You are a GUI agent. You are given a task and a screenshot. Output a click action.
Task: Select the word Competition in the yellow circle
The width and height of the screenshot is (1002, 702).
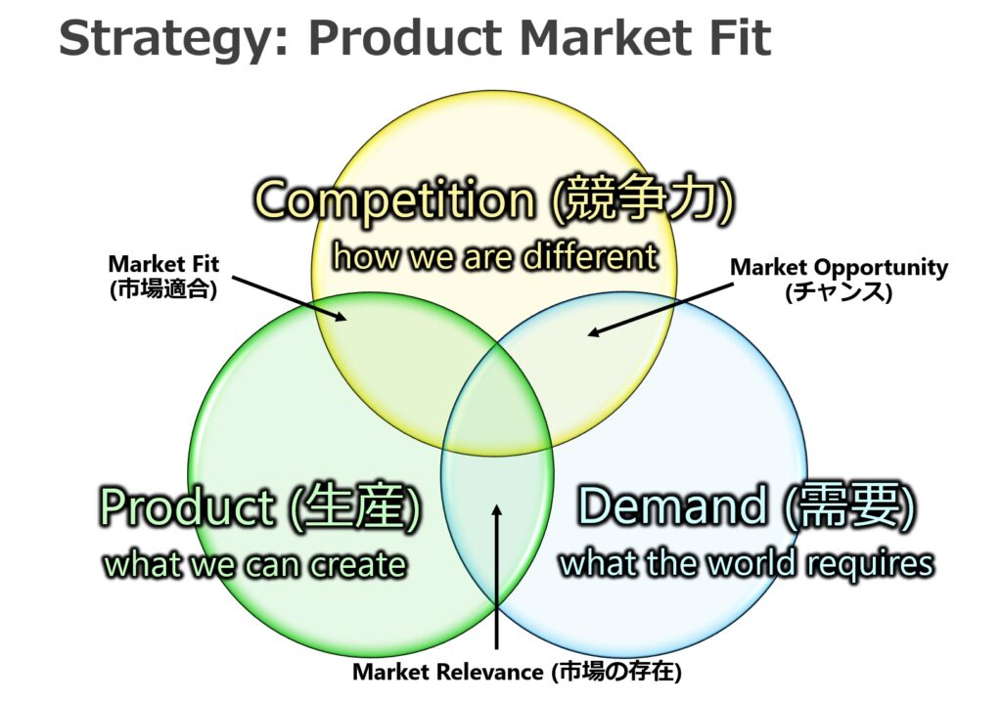(395, 199)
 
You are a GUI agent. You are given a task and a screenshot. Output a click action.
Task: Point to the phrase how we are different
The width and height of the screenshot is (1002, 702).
(495, 257)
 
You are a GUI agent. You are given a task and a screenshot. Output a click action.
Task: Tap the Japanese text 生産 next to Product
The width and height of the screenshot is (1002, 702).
(354, 506)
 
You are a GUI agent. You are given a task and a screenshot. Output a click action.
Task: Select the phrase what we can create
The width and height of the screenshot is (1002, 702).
(255, 565)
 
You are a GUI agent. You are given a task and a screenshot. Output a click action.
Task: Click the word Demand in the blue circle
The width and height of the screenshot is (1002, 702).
(671, 505)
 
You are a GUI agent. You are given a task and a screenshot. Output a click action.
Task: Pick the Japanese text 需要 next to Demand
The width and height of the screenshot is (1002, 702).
(850, 505)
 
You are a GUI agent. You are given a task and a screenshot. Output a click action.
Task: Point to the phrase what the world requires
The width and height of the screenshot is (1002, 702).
(747, 563)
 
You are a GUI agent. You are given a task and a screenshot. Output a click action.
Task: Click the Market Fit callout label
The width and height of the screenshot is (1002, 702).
(163, 264)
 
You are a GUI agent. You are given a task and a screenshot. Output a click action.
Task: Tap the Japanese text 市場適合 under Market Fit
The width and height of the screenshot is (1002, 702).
(163, 289)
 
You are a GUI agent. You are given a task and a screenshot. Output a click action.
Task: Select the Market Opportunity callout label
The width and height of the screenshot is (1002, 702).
(839, 267)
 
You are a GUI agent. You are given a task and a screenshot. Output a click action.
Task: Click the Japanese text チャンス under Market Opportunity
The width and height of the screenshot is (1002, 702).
(839, 292)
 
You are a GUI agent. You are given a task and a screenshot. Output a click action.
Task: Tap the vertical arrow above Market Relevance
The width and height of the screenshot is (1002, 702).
(496, 577)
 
